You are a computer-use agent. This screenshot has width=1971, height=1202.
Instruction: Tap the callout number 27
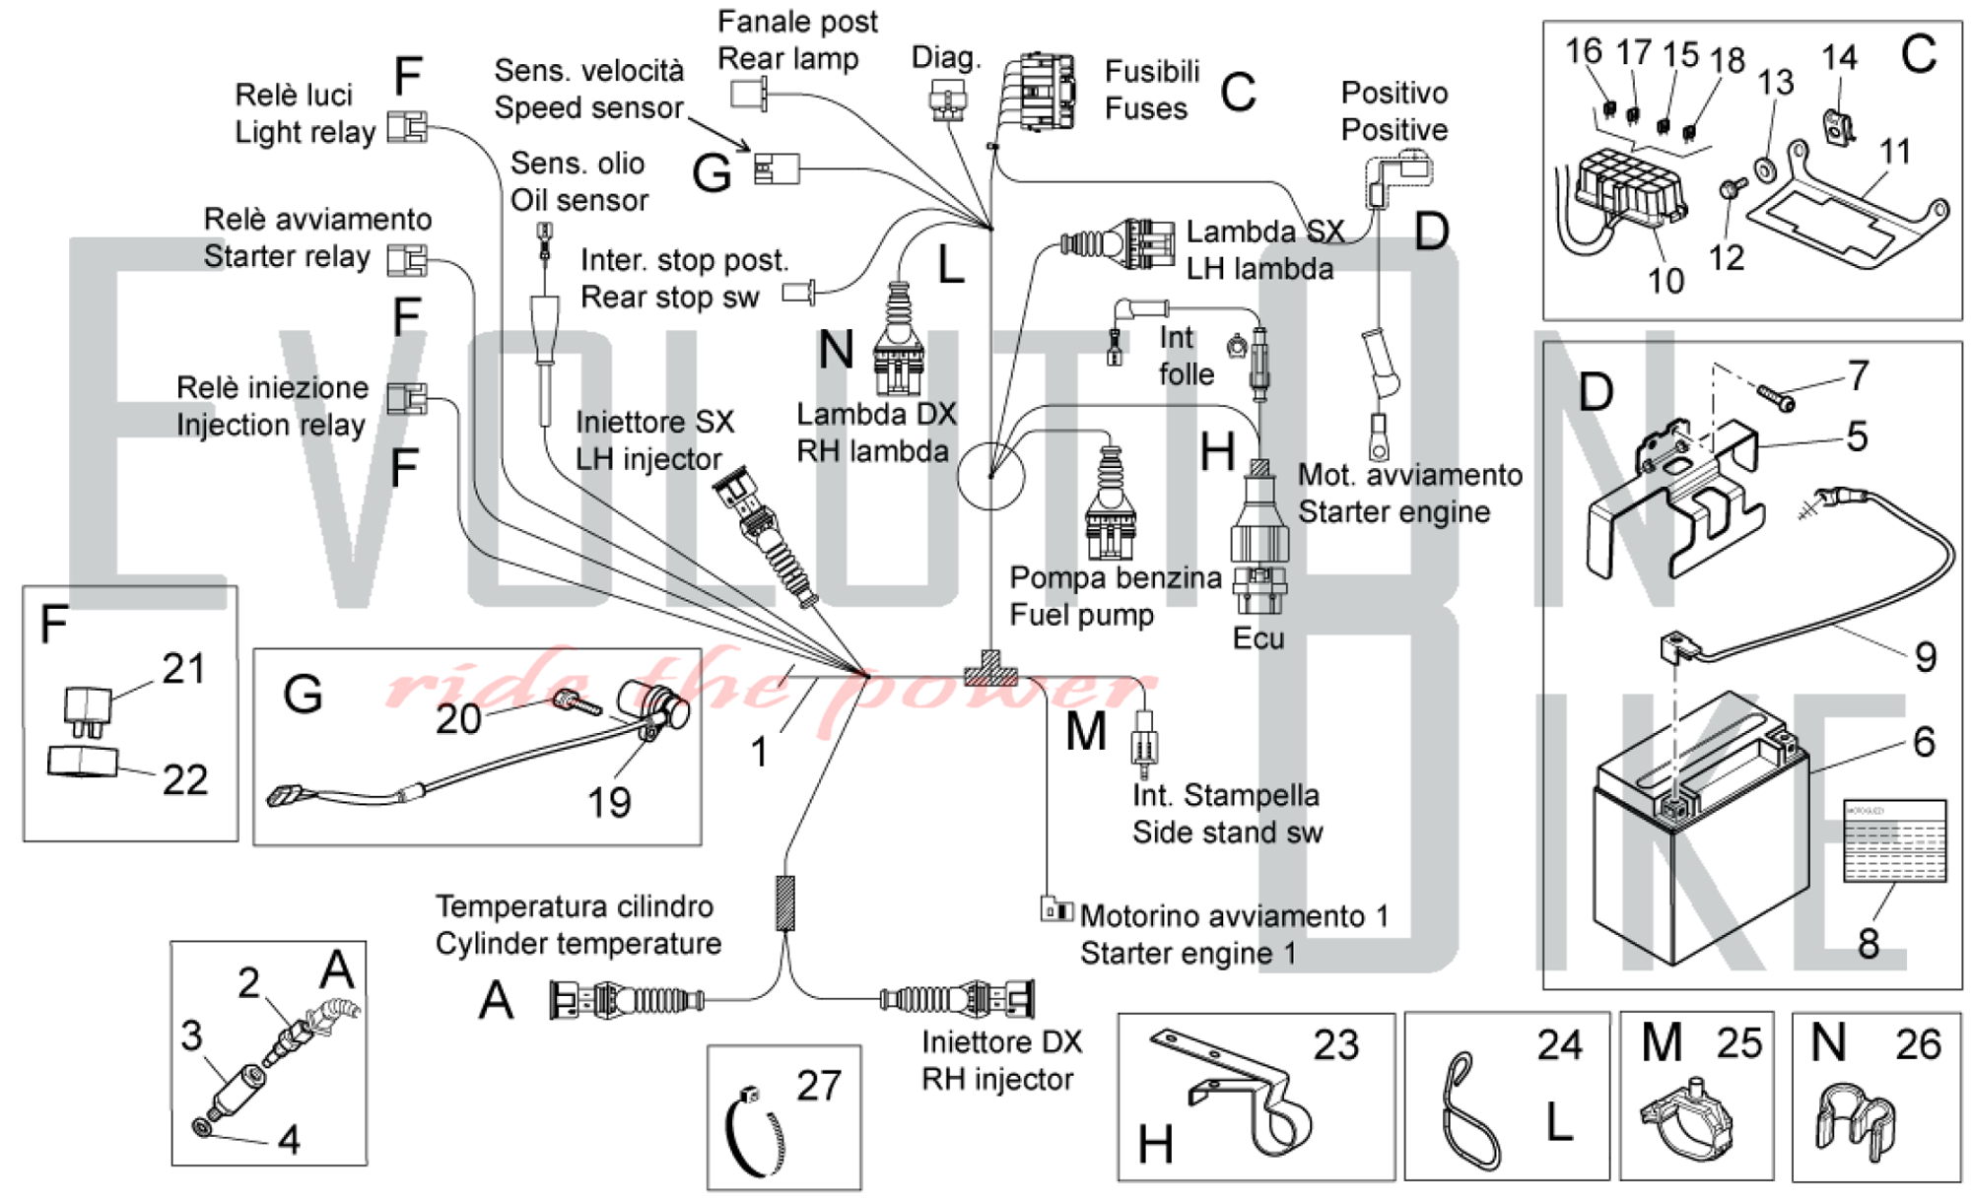click(819, 1086)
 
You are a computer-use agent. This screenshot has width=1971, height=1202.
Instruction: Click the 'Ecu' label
click(1258, 638)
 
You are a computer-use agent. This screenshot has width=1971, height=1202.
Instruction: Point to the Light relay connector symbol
click(407, 127)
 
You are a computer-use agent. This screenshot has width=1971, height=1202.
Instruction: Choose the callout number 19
click(609, 802)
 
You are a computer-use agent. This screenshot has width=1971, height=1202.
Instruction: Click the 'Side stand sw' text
click(1227, 833)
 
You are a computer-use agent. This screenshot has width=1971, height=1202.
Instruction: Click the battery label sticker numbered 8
click(1894, 840)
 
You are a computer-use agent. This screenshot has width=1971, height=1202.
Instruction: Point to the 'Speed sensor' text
click(588, 107)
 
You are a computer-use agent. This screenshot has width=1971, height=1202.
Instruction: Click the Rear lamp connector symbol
click(747, 95)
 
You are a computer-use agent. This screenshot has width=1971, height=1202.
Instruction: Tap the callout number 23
click(1335, 1045)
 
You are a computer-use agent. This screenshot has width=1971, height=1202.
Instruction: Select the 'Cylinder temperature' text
click(578, 944)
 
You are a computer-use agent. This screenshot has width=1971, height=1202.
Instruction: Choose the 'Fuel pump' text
click(1081, 615)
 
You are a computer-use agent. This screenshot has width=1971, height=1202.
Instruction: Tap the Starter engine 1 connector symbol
click(1056, 909)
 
